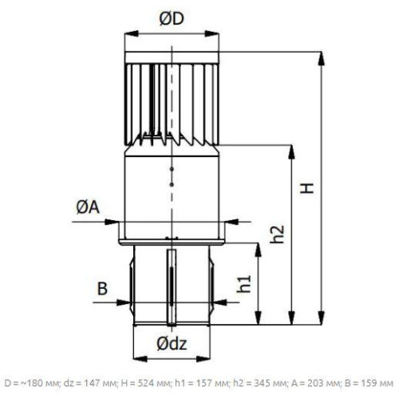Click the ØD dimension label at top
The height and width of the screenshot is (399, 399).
[172, 19]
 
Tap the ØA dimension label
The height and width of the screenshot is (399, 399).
[88, 207]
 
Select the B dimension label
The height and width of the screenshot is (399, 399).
[102, 288]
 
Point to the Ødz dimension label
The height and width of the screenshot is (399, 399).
[172, 344]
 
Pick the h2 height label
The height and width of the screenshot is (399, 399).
[278, 235]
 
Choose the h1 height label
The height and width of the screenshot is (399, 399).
[244, 284]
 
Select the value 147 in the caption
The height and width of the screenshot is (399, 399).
[92, 383]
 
